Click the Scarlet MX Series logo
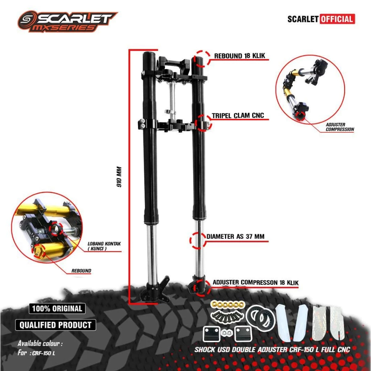(67, 21)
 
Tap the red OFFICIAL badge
(337, 19)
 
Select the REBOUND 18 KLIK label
(239, 56)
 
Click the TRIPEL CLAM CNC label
(238, 116)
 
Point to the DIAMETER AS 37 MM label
(235, 237)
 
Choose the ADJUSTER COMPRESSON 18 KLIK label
(256, 282)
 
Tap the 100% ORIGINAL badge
(57, 309)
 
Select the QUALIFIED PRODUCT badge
(55, 325)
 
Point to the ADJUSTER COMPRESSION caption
(339, 127)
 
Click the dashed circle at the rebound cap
(202, 58)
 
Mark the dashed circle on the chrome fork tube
(198, 240)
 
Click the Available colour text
(40, 343)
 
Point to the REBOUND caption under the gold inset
(81, 271)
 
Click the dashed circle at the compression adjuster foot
(200, 287)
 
